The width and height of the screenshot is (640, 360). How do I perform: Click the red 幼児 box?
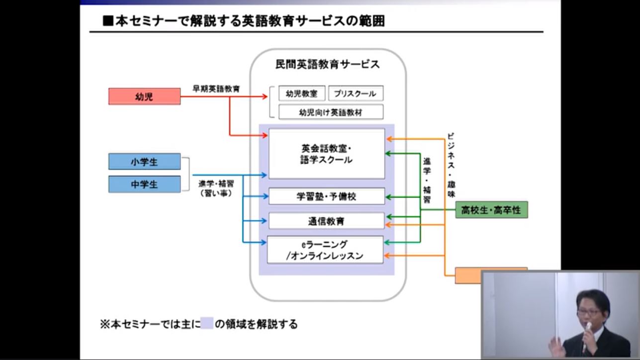coord(144,96)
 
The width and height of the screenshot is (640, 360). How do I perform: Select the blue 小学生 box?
coord(144,162)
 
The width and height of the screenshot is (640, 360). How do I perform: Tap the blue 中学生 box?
coord(144,184)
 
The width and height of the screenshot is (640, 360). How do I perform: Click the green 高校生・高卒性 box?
coord(491,210)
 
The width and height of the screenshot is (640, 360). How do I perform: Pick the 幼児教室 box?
coord(301,93)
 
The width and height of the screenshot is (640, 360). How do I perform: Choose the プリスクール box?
coord(356,93)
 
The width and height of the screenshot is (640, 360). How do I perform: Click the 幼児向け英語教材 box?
coord(331,112)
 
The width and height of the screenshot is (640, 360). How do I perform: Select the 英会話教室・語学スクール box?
coord(327,154)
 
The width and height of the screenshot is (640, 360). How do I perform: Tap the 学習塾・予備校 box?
coord(327,196)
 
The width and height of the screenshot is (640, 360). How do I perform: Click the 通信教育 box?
coord(326,221)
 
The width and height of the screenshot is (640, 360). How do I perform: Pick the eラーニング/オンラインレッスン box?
coord(325,250)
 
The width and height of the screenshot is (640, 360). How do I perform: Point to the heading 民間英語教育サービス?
coord(327,65)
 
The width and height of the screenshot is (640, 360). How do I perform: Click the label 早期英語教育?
coord(216,89)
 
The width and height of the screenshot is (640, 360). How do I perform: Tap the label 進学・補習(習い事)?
coord(216,188)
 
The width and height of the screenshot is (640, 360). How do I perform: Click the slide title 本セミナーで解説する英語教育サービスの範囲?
coord(244,21)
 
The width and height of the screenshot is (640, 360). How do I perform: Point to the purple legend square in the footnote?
coord(207,324)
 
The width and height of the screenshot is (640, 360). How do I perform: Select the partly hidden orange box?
coord(467,275)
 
